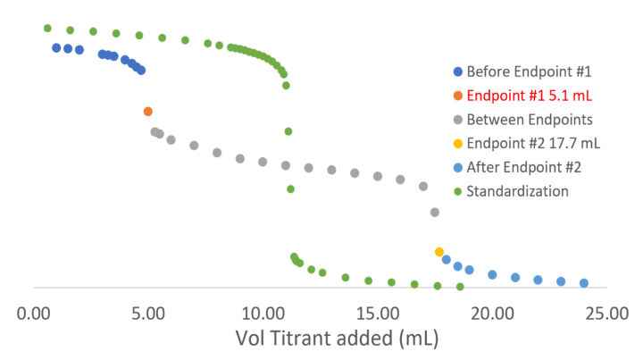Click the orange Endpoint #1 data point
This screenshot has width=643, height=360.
(x=148, y=112)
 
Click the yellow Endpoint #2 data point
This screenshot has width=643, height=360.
(x=438, y=252)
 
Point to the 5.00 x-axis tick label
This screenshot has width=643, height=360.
(x=148, y=314)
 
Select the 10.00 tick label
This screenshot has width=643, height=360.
(x=263, y=314)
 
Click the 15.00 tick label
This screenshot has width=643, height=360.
(x=377, y=314)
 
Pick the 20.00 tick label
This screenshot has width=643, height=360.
(x=491, y=314)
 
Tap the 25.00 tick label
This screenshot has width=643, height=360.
(x=605, y=314)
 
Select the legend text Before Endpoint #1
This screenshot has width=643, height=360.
(x=529, y=71)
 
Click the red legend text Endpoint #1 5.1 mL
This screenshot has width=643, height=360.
(x=530, y=95)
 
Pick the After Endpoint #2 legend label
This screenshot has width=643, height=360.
(x=524, y=167)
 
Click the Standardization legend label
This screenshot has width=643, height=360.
(x=517, y=191)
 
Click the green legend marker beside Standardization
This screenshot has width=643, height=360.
(x=458, y=191)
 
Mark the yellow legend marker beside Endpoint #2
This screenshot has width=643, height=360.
(x=458, y=143)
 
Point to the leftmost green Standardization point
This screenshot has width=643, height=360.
(x=47, y=28)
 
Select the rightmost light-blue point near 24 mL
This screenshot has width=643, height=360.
(x=584, y=282)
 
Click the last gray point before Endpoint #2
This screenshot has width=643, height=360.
(x=435, y=213)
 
